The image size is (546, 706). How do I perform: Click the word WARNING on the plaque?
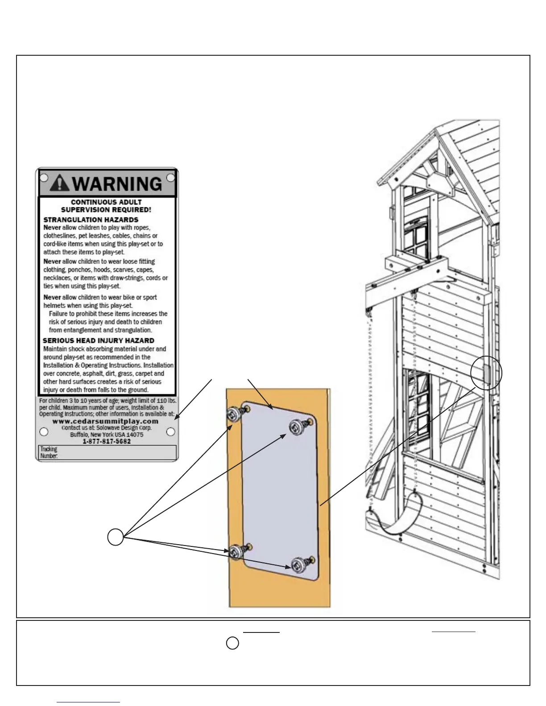[x=117, y=184]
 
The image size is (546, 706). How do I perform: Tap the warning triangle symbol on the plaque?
[x=60, y=183]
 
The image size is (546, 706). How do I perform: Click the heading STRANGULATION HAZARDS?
[x=91, y=220]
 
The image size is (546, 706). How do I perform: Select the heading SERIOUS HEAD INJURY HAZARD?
[x=98, y=341]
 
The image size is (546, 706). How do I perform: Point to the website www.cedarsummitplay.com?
[x=105, y=421]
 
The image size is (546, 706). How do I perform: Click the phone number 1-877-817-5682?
[x=107, y=441]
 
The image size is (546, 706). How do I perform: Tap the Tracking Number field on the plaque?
[x=107, y=452]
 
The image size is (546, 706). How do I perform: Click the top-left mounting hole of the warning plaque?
[x=44, y=178]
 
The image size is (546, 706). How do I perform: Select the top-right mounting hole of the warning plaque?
[x=170, y=178]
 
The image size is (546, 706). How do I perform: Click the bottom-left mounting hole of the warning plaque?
[x=44, y=432]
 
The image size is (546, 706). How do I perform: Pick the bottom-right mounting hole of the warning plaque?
[x=170, y=431]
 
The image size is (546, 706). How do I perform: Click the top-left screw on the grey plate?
[x=235, y=414]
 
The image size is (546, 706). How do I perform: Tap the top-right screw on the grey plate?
[x=298, y=427]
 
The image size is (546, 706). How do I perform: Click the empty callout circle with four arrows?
[x=115, y=537]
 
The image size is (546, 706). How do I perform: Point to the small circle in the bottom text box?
[x=232, y=643]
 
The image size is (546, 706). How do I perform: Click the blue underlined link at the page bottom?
[x=88, y=702]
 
